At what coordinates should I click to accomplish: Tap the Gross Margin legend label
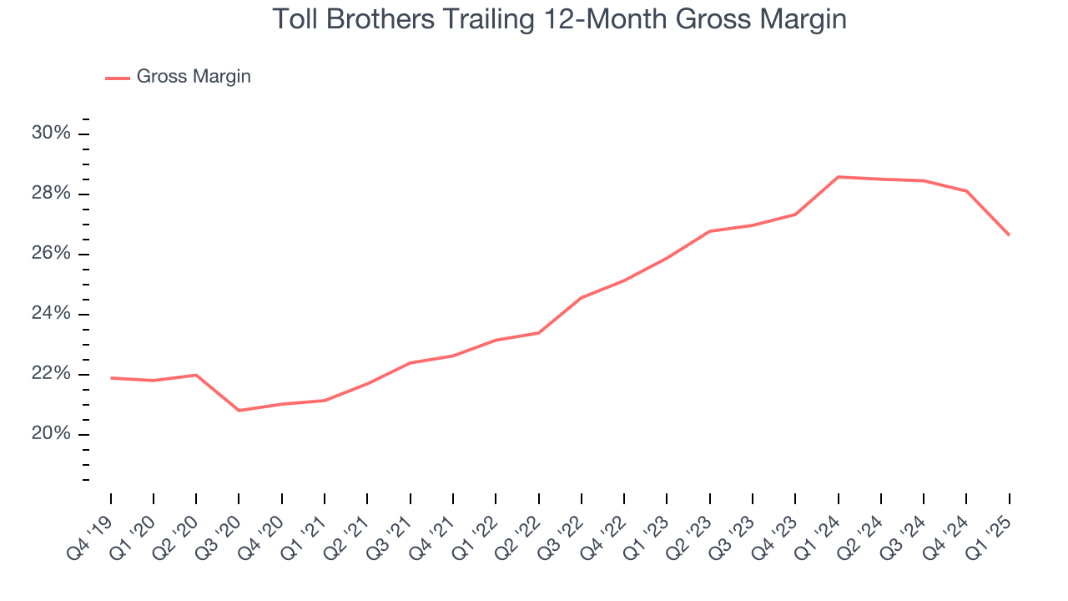point(194,77)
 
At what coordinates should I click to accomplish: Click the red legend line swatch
point(117,78)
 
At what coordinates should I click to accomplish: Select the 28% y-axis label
point(51,194)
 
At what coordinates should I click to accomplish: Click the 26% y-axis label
point(51,254)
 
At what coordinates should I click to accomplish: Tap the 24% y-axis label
point(51,314)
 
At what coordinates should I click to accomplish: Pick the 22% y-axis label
point(51,374)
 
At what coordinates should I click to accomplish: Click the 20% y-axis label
point(51,434)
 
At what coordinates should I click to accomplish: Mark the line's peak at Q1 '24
point(838,177)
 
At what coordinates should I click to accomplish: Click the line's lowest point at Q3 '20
point(239,411)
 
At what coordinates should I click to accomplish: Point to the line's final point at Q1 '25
point(1009,235)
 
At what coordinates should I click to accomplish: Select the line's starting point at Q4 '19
point(111,378)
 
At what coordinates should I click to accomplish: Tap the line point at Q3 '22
point(582,297)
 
